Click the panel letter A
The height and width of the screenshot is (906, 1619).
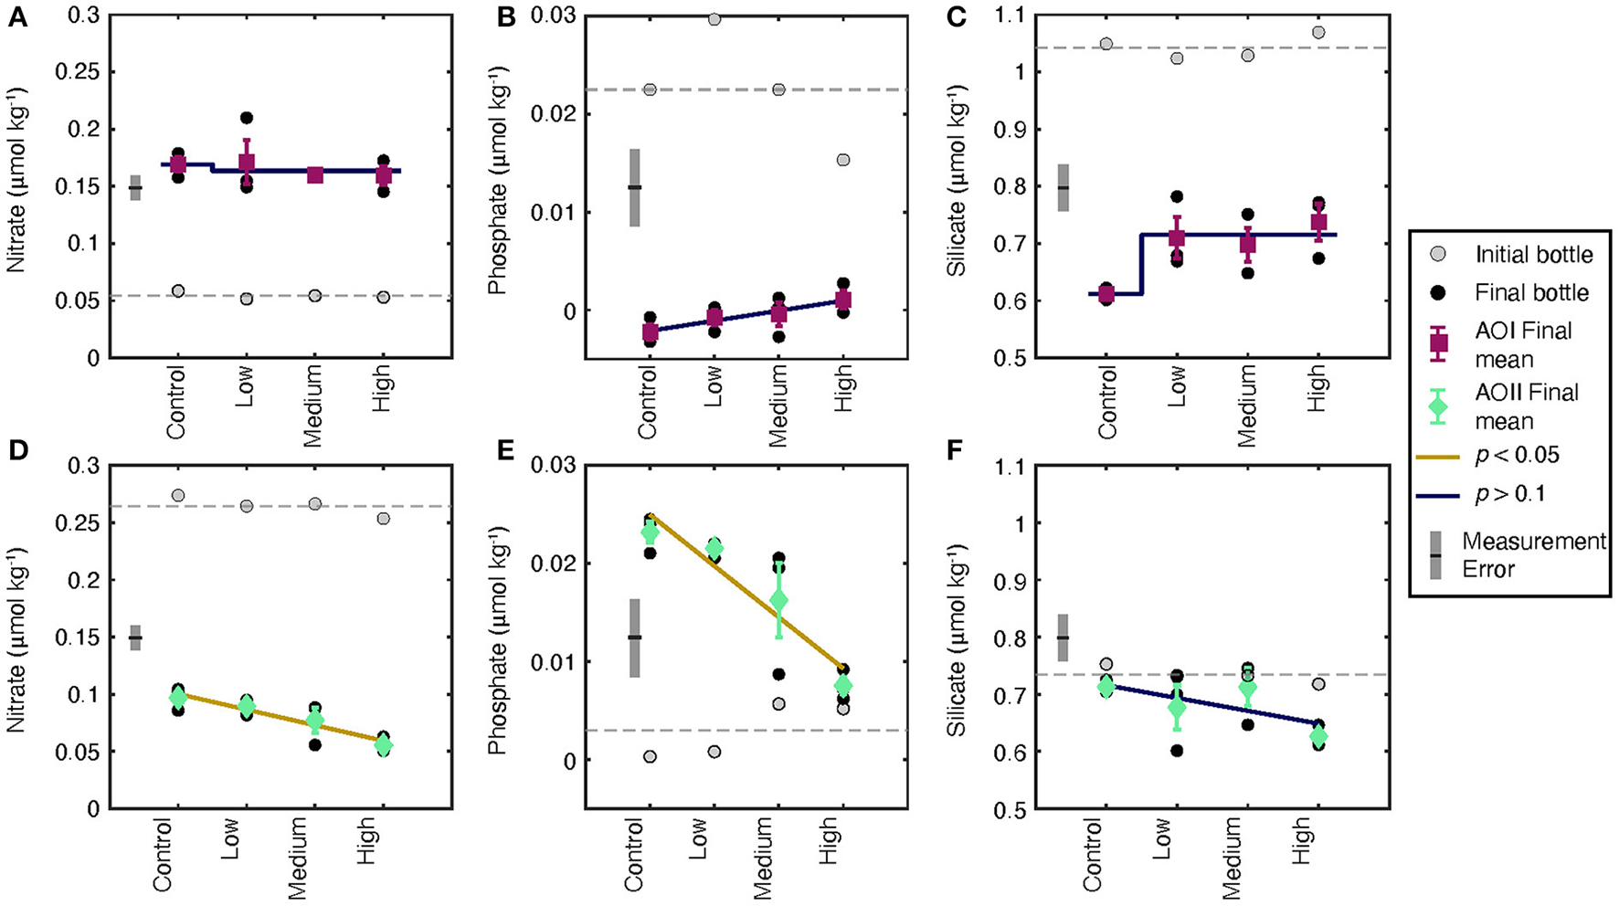16,19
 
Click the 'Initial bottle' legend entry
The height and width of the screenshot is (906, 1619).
1533,255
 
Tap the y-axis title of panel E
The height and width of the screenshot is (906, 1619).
497,637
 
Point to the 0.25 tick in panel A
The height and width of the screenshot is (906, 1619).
80,73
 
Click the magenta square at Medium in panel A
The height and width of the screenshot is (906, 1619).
315,174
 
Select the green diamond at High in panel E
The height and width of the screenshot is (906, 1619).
843,685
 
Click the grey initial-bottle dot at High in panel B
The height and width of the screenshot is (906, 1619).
843,160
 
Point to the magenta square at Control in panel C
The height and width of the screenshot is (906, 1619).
1106,293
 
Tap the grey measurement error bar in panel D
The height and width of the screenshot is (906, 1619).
135,637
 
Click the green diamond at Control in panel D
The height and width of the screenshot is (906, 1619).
177,698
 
